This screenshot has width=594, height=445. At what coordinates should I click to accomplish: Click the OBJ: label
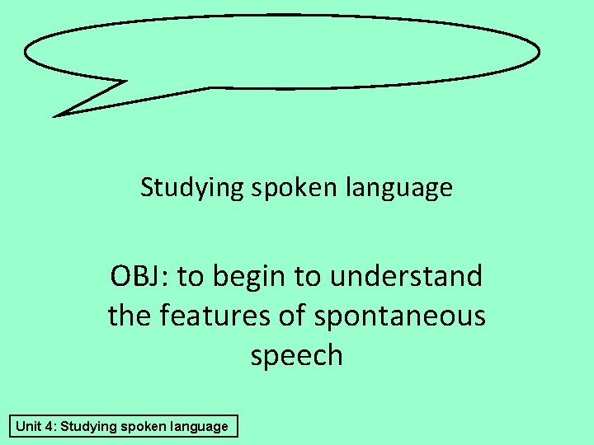139,276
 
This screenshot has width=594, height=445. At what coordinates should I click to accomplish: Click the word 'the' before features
129,315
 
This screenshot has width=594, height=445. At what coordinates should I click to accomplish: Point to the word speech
296,355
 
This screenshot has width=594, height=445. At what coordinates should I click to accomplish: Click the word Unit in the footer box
29,426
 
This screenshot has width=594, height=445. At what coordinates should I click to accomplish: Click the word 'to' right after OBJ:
190,276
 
